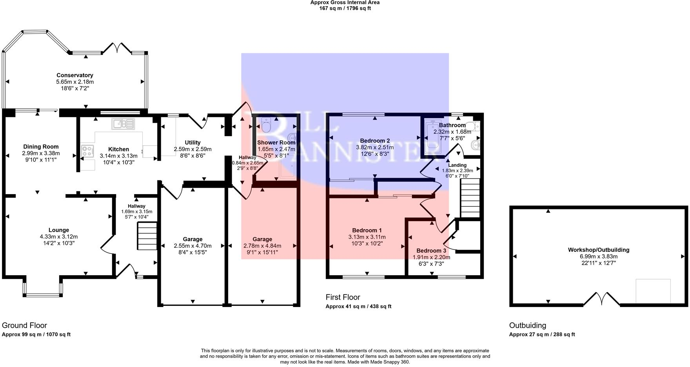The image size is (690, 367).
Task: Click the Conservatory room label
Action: [74, 75]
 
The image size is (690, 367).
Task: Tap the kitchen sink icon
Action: [123, 124]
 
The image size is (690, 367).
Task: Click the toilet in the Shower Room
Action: [266, 125]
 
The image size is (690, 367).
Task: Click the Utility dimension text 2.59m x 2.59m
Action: [192, 149]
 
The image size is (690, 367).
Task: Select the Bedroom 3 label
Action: [431, 251]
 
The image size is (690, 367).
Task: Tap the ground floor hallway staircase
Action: [147, 236]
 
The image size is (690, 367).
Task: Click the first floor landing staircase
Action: [470, 198]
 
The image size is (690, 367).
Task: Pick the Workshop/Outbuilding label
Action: [598, 250]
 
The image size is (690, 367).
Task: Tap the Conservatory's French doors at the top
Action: [117, 49]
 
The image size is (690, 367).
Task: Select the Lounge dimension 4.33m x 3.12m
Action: [59, 236]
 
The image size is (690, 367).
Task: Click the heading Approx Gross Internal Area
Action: [345, 2]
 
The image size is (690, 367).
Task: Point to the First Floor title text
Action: [343, 297]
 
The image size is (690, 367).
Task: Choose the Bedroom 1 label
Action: [367, 230]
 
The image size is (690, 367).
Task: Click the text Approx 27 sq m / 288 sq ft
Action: [542, 334]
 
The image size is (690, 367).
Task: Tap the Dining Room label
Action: [41, 147]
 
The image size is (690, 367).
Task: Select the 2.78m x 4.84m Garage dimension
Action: [262, 246]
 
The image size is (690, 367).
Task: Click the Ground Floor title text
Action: [24, 325]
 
